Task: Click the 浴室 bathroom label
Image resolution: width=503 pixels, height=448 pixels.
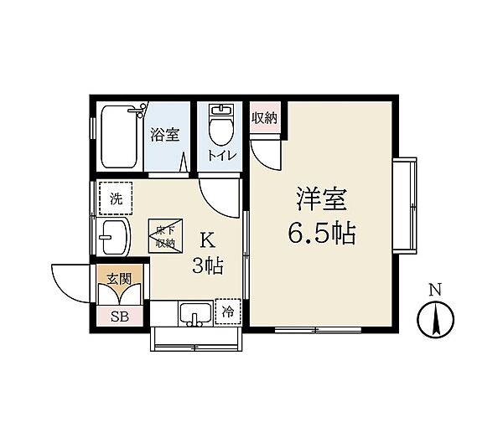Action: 165,135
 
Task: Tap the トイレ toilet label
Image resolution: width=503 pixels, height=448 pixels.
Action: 222,155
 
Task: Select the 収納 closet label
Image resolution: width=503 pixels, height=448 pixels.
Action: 264,118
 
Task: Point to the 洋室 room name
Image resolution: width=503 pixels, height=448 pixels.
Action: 321,199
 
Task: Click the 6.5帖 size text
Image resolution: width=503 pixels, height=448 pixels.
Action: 322,233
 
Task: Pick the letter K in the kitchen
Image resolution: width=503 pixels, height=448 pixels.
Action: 208,240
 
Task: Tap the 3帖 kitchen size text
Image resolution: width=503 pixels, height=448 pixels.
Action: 208,266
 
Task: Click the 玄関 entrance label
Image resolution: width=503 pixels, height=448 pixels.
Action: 119,279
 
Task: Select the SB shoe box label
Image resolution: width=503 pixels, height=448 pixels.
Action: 120,317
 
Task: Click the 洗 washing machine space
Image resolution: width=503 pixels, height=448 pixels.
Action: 116,198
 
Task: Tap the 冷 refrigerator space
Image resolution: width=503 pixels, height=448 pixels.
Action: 228,312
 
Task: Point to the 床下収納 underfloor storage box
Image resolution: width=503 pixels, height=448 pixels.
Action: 165,237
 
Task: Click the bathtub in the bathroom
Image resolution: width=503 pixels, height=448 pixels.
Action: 120,136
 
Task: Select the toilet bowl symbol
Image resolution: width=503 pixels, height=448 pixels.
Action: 220,126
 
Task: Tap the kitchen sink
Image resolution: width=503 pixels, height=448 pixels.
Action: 195,314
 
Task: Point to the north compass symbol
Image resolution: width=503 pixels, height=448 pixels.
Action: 436,319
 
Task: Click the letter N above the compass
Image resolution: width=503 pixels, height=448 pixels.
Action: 435,290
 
